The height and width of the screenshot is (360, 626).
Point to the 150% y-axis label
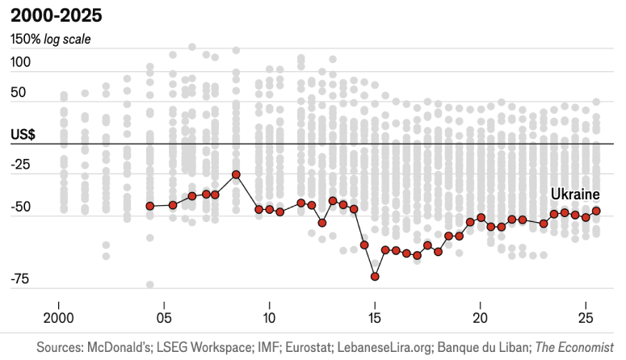click(x=24, y=39)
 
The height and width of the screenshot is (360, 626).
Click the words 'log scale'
click(x=68, y=39)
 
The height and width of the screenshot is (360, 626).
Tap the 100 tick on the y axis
click(x=21, y=62)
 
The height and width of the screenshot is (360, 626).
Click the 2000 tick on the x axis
click(x=58, y=316)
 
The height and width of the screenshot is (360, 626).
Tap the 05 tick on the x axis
click(x=164, y=316)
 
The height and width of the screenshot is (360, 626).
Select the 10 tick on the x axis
click(x=269, y=316)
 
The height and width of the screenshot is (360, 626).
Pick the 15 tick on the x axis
click(x=375, y=316)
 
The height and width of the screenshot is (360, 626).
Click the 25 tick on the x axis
click(x=586, y=316)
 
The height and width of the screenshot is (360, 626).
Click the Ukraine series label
click(x=575, y=195)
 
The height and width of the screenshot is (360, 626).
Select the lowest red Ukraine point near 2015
click(x=375, y=276)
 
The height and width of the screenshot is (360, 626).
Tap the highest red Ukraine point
click(x=236, y=174)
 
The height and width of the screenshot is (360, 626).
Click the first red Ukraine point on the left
click(x=149, y=206)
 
